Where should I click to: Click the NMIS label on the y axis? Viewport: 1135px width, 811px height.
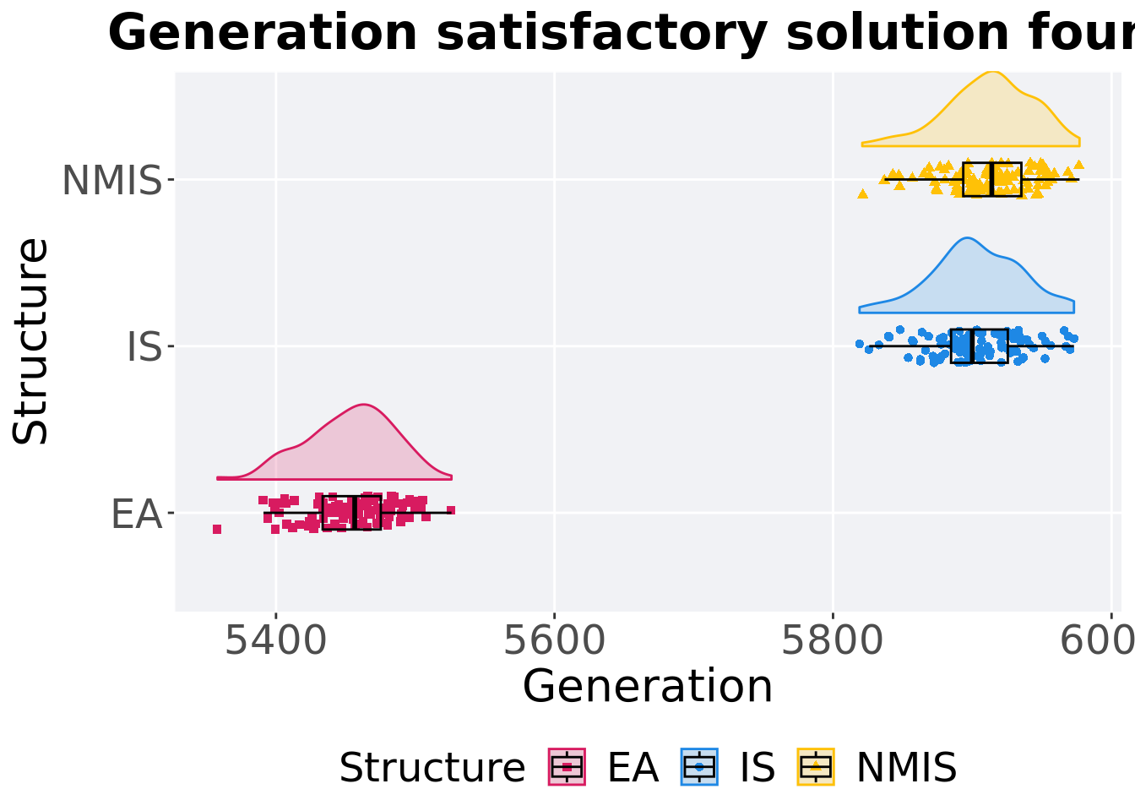(111, 181)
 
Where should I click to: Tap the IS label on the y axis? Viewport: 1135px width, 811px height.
(144, 347)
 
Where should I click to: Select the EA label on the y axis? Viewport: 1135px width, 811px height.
(136, 514)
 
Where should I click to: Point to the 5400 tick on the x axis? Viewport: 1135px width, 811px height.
(275, 641)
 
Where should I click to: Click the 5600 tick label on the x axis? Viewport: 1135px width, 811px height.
(554, 641)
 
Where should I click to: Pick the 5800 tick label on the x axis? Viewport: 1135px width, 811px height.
(833, 641)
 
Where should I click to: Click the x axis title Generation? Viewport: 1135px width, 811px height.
(648, 686)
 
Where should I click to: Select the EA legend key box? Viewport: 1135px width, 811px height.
(567, 767)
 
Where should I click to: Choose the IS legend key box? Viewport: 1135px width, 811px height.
(699, 767)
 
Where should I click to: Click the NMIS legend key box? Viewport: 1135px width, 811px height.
(816, 767)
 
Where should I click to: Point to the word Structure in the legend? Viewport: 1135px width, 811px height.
(432, 768)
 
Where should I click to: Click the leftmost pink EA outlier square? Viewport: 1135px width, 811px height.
(217, 530)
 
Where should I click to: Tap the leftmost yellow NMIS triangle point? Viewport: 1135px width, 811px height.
(862, 193)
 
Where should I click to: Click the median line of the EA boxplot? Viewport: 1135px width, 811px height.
(355, 513)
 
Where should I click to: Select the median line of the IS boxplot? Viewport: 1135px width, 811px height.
(972, 346)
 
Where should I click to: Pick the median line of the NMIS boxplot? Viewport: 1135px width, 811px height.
(992, 179)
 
